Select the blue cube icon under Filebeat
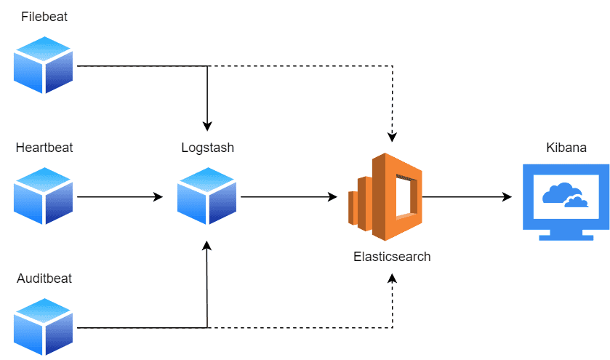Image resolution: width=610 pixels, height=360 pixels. point(44,65)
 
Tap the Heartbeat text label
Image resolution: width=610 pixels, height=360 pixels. point(44,148)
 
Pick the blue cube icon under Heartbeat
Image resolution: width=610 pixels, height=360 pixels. point(44,196)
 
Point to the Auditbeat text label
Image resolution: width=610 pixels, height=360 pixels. point(44,279)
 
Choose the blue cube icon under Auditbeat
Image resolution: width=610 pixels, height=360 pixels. point(44,327)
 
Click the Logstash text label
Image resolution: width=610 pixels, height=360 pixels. point(207,148)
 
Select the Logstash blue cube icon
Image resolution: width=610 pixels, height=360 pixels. point(207,196)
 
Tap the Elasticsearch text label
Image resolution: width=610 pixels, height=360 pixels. point(392,256)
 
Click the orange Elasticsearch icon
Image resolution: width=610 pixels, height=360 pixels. point(385,196)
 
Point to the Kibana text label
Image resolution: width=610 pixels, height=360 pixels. point(566,148)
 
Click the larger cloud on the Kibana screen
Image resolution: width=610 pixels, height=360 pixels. point(558,193)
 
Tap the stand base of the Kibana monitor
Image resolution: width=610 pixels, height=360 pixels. point(567,236)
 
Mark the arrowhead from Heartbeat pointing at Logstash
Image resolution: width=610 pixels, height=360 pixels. point(158,196)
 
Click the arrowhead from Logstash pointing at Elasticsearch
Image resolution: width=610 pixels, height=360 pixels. point(333,196)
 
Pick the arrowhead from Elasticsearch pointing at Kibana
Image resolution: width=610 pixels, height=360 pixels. point(507,196)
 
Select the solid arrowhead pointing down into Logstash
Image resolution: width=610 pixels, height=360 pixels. point(208,125)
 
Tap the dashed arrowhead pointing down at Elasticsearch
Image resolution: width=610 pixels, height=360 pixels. point(393,137)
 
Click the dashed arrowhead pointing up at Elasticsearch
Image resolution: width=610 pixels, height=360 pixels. point(393,279)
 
